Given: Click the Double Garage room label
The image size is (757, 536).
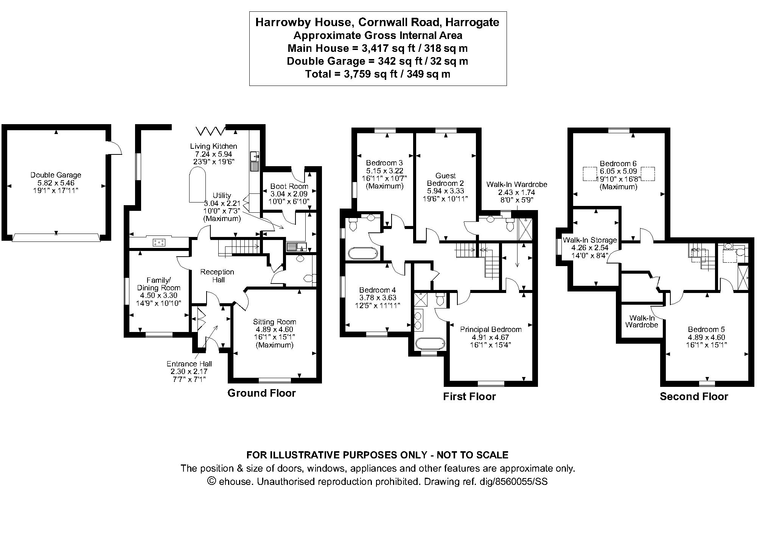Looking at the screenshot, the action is tap(56, 175).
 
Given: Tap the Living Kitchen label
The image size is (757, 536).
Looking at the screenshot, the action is tap(213, 146).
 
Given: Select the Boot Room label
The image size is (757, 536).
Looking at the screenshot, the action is tap(289, 186).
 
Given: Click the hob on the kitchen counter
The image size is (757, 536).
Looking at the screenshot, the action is tap(159, 242).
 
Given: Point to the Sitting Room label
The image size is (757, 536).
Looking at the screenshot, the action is tap(274, 322).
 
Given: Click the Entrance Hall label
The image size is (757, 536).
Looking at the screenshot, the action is tap(189, 364).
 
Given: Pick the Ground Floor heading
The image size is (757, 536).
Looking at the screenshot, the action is tap(261, 393).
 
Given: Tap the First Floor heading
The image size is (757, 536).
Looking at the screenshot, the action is tap(469, 396).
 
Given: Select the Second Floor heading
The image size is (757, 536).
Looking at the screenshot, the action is tap(694, 396).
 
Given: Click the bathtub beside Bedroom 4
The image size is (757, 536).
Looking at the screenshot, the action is tap(363, 253).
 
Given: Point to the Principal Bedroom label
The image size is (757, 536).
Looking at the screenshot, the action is tap(491, 329).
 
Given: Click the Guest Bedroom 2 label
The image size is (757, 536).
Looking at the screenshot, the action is tap(445, 179).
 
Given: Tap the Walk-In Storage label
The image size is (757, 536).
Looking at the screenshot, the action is tap(589, 240).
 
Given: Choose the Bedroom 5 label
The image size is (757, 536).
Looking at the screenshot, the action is tap(706, 329).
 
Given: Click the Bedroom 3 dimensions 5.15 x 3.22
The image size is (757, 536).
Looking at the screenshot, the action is tap(384, 171).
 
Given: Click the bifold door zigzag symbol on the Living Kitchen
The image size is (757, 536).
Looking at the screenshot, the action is tap(210, 131).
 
